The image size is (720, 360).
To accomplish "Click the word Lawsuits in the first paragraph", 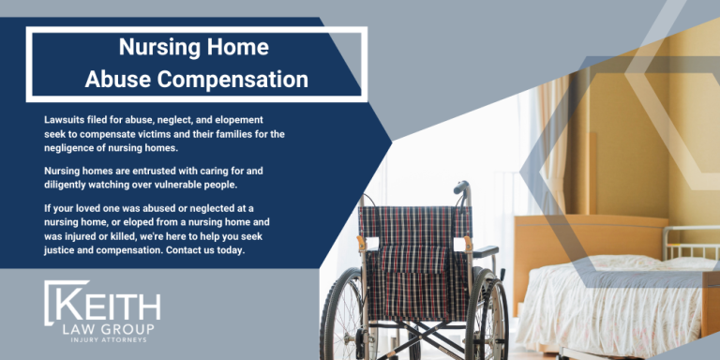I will click(x=66, y=121).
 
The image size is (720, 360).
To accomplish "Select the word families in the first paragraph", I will click(x=227, y=134).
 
